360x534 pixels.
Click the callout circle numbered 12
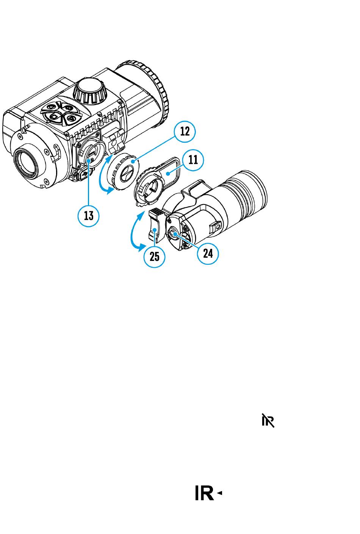[x=185, y=132]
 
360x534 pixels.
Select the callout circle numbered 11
[x=193, y=160]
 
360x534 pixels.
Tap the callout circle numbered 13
[x=88, y=216]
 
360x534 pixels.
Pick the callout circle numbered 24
[x=208, y=254]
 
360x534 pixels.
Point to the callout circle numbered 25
[x=154, y=257]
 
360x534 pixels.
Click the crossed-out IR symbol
[x=268, y=421]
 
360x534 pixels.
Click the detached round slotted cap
[x=123, y=171]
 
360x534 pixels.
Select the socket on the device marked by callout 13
[x=89, y=153]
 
